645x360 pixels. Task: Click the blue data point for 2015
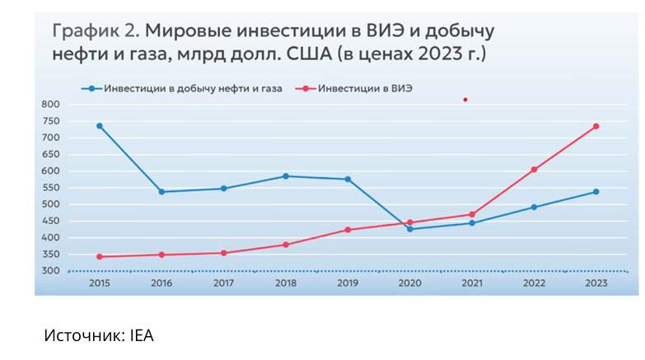[x=100, y=126]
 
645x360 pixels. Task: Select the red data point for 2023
[x=596, y=126]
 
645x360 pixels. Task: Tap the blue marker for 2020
[x=409, y=229]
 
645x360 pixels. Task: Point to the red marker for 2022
[x=534, y=170]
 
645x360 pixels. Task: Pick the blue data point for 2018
[x=286, y=176]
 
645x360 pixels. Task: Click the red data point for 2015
[x=100, y=256]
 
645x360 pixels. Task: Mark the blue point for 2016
[x=161, y=192]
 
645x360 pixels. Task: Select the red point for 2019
[x=348, y=230]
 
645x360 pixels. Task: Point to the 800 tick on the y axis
[x=50, y=105]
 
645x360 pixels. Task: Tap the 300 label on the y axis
[x=50, y=271]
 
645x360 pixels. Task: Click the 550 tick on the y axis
[x=50, y=188]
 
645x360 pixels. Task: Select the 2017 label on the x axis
[x=223, y=283]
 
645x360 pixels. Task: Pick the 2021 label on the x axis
[x=472, y=283]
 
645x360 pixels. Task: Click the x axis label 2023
[x=596, y=283]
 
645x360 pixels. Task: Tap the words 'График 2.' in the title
[x=95, y=32]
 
